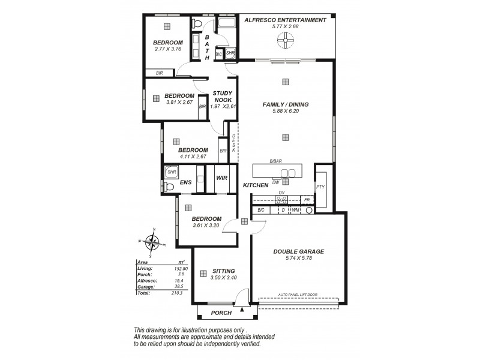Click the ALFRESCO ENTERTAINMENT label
pos(285,20)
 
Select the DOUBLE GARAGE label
pos(298,252)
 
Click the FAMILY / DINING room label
pos(285,104)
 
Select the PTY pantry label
pos(320,187)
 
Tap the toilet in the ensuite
pos(169,187)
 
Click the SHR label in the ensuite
pos(172,172)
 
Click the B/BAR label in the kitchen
pos(275,162)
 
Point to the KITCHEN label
pos(256,185)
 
